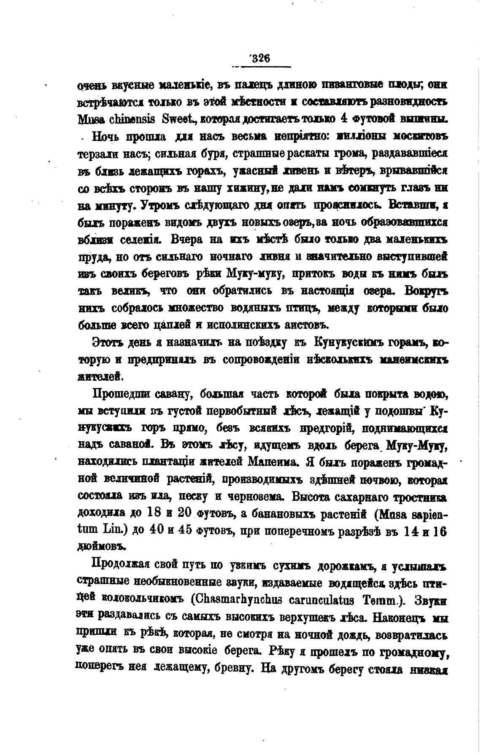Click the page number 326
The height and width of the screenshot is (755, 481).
260,59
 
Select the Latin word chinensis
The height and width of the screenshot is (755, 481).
129,119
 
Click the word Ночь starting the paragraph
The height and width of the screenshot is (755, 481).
108,137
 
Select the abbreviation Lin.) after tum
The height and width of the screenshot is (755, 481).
112,530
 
